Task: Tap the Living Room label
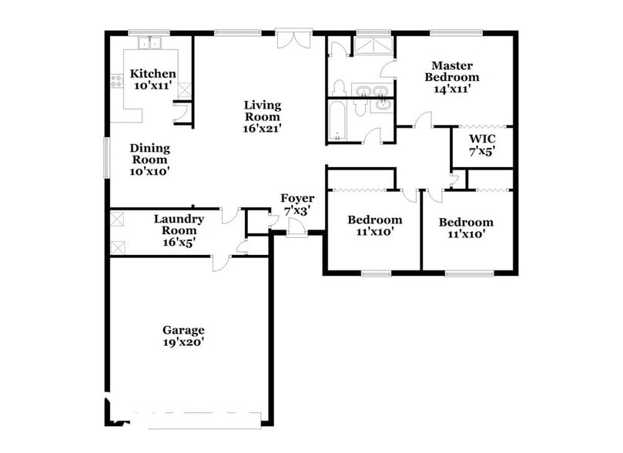263,105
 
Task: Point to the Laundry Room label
178,219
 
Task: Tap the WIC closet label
482,139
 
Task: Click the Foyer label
296,199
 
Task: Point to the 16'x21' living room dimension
263,128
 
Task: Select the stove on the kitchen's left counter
116,79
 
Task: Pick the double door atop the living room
293,39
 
